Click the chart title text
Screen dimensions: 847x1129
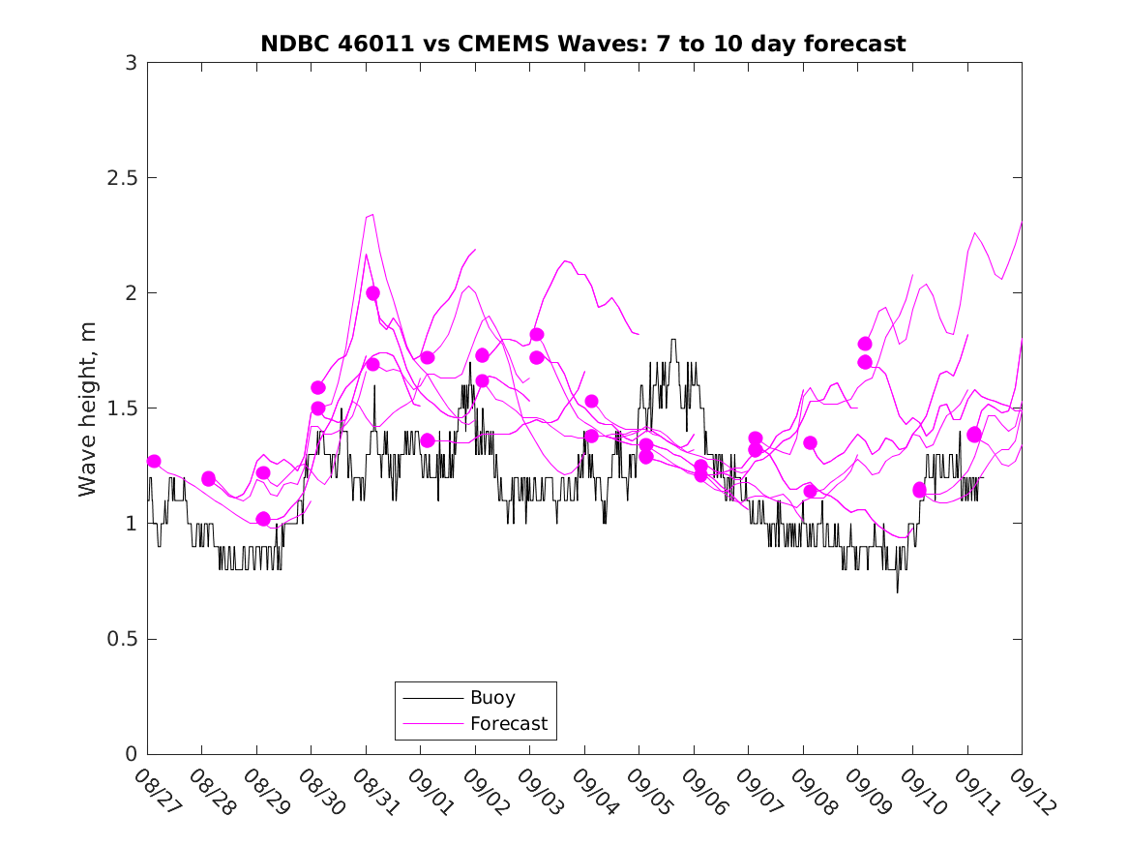coord(583,45)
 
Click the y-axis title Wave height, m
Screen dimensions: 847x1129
coord(88,408)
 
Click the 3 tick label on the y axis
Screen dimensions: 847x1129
coord(131,63)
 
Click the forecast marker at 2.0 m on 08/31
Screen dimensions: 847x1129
coord(372,292)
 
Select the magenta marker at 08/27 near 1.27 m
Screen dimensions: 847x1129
coord(154,461)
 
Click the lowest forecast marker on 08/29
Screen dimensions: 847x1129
coord(263,519)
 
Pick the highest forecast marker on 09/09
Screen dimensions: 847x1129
coord(865,344)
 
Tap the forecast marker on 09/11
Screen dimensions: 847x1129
coord(974,435)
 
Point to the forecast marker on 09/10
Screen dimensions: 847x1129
coord(919,490)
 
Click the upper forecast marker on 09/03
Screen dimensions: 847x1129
coord(537,334)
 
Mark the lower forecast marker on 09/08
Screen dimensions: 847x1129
coord(810,491)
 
